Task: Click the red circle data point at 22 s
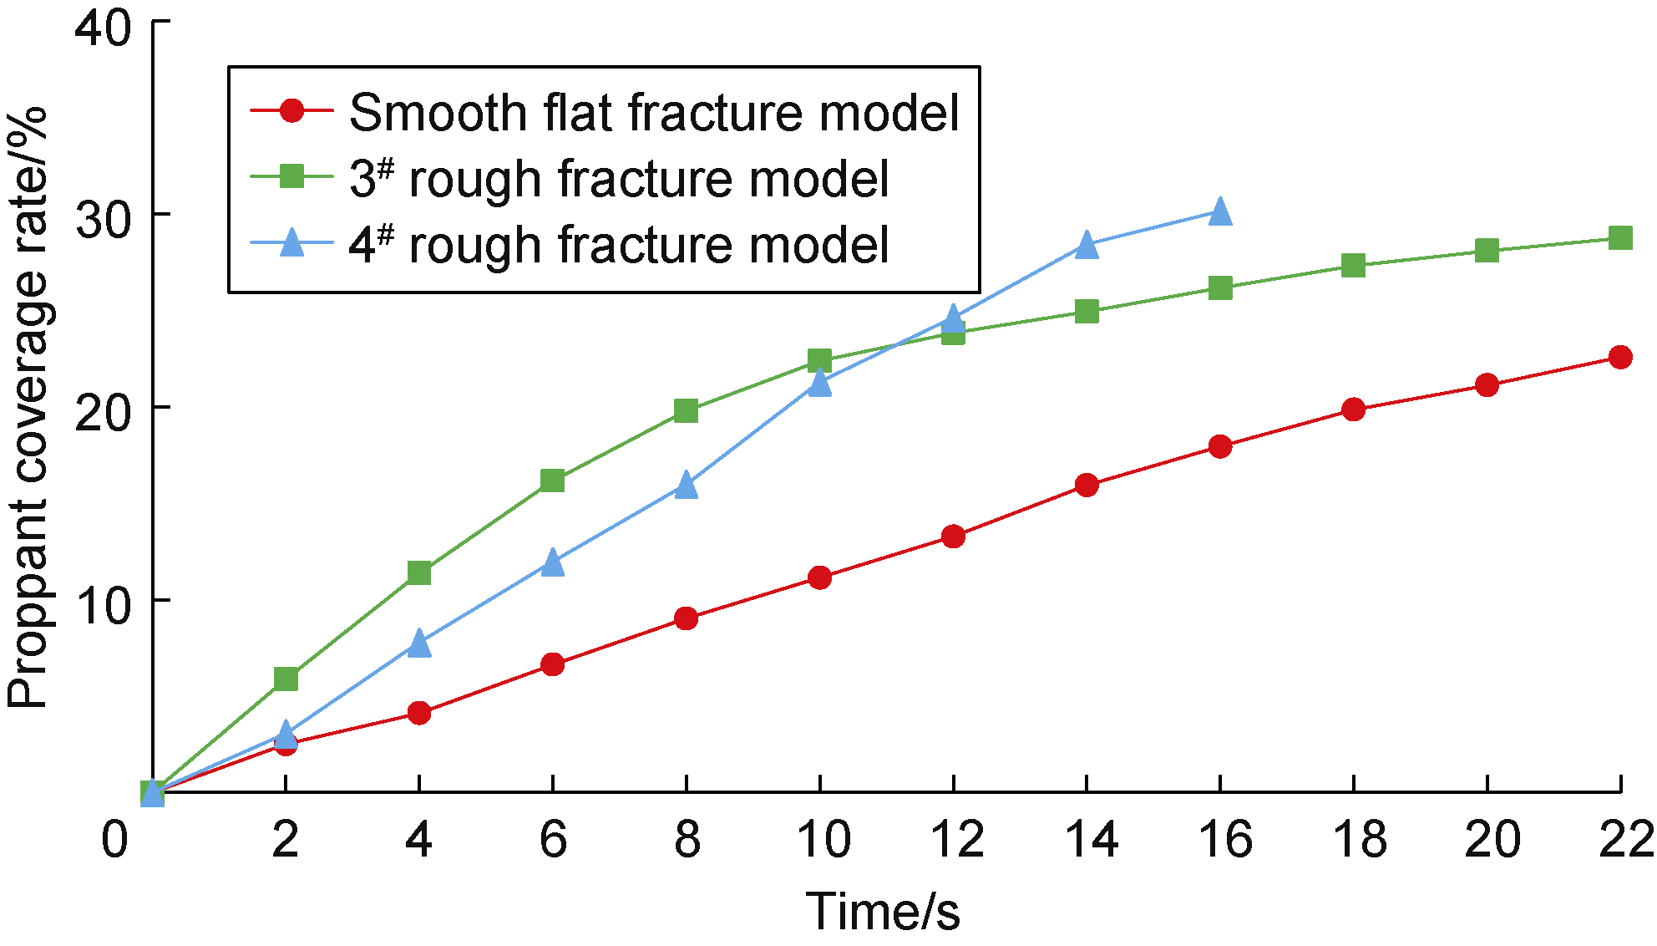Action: tap(1620, 358)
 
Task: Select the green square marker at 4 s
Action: tap(419, 573)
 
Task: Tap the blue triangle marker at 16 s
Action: tap(1220, 211)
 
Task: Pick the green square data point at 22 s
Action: tap(1620, 238)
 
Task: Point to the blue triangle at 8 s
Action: tap(686, 485)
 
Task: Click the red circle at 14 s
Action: tap(1087, 486)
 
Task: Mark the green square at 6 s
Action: tap(552, 481)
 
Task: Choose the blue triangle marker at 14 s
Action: tap(1087, 245)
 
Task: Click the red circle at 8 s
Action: tap(686, 618)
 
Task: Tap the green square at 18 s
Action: tap(1353, 266)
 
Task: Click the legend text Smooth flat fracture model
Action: tap(654, 113)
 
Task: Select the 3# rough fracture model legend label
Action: tap(619, 179)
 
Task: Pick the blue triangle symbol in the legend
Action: tap(291, 243)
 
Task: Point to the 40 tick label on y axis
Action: tap(104, 29)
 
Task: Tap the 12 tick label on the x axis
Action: tap(957, 838)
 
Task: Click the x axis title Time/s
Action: tap(883, 910)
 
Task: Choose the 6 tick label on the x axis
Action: tap(553, 838)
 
